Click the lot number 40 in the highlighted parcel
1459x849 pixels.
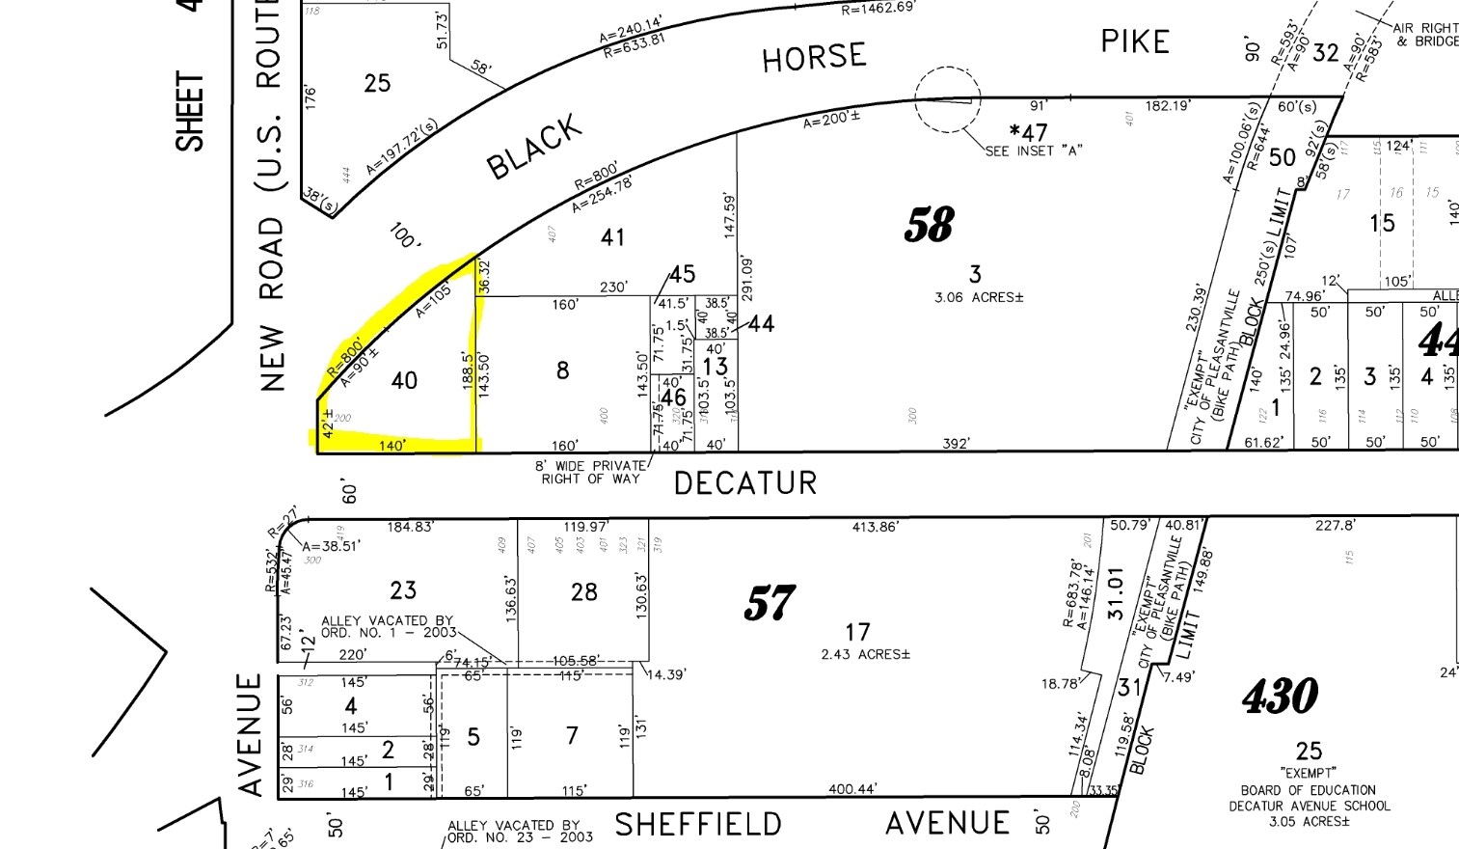click(x=404, y=381)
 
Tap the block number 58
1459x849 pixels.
click(x=929, y=225)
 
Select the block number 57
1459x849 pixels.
click(x=769, y=604)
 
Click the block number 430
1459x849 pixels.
click(x=1280, y=696)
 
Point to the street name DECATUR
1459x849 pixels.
click(x=745, y=482)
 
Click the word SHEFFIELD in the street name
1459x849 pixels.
click(x=698, y=825)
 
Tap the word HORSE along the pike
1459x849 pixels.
click(x=814, y=58)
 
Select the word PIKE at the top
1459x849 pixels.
click(x=1135, y=41)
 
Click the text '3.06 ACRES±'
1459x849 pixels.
click(x=979, y=297)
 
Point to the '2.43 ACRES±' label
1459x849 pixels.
click(x=865, y=654)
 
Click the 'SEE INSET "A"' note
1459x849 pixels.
click(x=1034, y=151)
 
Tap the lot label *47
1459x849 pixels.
click(x=1028, y=131)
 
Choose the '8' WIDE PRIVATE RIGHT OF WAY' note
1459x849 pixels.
click(x=590, y=472)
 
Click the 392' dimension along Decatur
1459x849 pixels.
click(x=956, y=444)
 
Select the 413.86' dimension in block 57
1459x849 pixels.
click(x=875, y=527)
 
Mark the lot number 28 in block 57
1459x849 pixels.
click(x=584, y=591)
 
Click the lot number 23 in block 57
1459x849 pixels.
click(x=403, y=589)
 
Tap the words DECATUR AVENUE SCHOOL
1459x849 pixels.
click(x=1309, y=806)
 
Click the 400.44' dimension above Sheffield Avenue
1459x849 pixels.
click(x=852, y=789)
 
